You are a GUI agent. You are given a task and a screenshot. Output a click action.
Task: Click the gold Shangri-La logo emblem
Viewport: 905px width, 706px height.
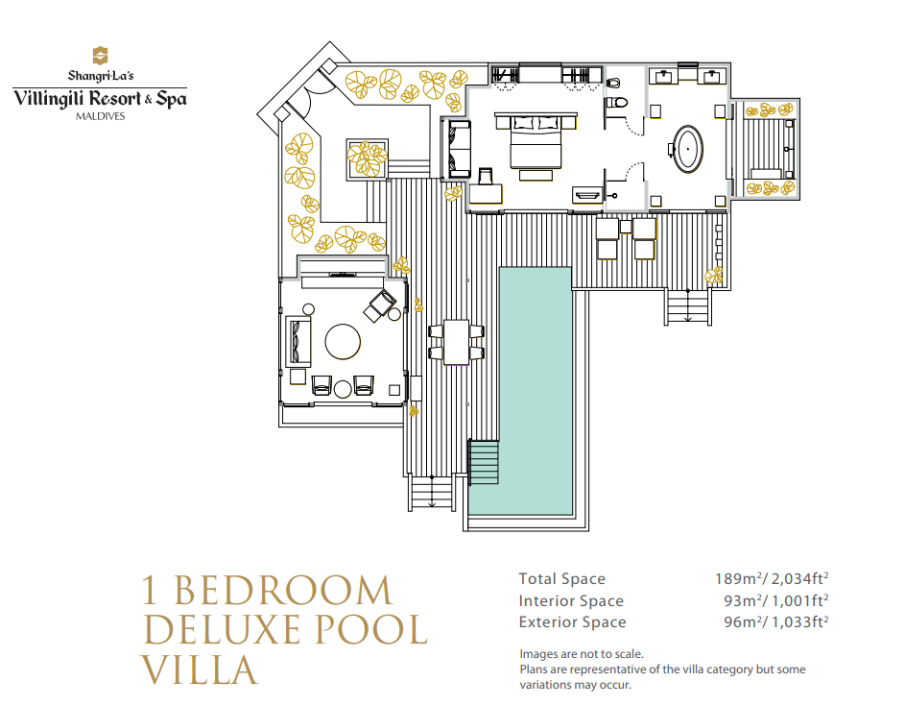pyautogui.click(x=101, y=56)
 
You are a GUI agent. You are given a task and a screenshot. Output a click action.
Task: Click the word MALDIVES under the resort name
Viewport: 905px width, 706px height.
pyautogui.click(x=101, y=116)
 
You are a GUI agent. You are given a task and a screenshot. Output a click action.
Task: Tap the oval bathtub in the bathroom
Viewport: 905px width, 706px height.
pyautogui.click(x=688, y=149)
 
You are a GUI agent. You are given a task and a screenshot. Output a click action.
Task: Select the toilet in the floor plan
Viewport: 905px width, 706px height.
pyautogui.click(x=616, y=103)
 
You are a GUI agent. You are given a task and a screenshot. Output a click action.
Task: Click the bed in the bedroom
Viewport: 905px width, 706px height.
pyautogui.click(x=536, y=141)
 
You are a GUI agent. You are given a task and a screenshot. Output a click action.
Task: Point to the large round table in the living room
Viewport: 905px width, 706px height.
pyautogui.click(x=343, y=341)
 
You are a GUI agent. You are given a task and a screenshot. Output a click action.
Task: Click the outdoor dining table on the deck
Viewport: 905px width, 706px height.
pyautogui.click(x=456, y=342)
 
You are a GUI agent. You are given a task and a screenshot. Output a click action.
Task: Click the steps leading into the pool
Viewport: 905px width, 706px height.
pyautogui.click(x=484, y=462)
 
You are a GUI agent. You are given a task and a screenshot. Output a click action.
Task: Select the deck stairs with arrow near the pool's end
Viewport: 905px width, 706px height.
pyautogui.click(x=432, y=492)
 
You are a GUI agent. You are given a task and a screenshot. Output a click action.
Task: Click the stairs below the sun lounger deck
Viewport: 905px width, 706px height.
pyautogui.click(x=687, y=308)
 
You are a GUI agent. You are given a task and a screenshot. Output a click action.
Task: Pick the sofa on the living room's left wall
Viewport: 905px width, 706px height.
pyautogui.click(x=298, y=341)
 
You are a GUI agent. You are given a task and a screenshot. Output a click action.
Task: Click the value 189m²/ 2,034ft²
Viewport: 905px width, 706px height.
pyautogui.click(x=772, y=578)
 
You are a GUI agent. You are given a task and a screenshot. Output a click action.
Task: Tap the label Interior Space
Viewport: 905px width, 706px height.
pyautogui.click(x=571, y=601)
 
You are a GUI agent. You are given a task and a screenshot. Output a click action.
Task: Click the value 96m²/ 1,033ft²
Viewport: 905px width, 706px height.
pyautogui.click(x=776, y=621)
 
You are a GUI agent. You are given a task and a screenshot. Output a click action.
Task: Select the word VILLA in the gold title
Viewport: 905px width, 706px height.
pyautogui.click(x=199, y=669)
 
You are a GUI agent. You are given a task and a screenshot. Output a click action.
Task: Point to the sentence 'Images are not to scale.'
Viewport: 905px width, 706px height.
pyautogui.click(x=582, y=654)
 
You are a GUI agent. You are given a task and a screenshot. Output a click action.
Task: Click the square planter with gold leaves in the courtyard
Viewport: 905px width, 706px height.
pyautogui.click(x=367, y=158)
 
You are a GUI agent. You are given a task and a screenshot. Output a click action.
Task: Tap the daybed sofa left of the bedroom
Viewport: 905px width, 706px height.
pyautogui.click(x=459, y=149)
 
